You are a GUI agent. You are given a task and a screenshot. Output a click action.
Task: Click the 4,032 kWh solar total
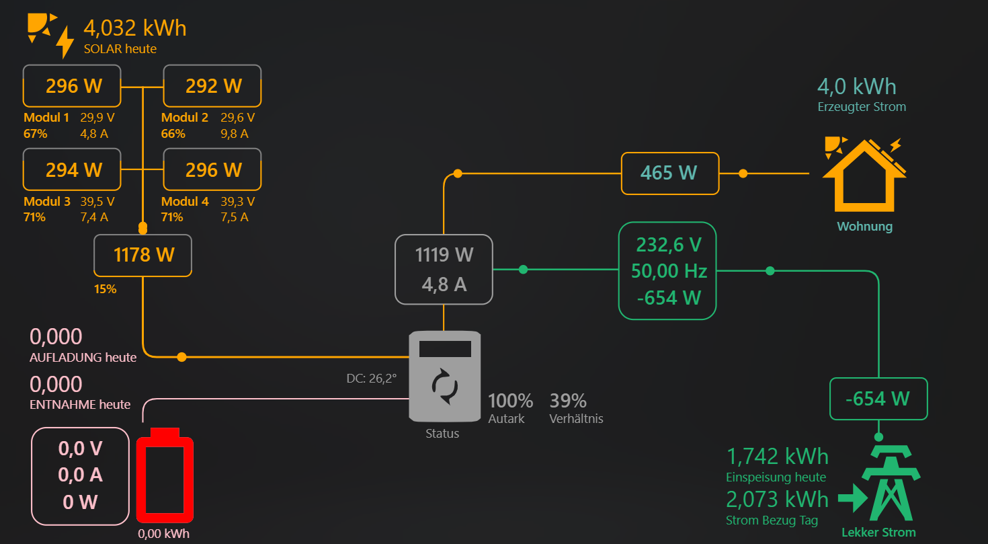135,28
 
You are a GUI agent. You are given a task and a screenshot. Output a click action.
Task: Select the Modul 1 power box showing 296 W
72,86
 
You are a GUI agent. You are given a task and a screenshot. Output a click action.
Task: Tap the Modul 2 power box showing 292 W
212,86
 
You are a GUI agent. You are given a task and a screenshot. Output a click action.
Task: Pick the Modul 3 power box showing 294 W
72,170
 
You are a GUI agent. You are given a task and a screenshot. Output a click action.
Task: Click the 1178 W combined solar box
143,256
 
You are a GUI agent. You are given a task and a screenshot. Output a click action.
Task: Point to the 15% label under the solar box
105,289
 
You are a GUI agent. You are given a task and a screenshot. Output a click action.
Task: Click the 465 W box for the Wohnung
670,173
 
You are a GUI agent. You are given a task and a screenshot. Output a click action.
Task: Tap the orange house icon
864,175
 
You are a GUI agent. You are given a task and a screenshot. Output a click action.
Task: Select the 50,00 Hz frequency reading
669,271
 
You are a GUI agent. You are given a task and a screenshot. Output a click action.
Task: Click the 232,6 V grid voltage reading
669,245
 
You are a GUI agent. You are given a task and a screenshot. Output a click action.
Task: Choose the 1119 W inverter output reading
444,255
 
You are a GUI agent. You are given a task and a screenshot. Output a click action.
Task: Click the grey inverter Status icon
445,377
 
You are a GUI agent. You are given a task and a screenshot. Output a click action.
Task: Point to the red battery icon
165,475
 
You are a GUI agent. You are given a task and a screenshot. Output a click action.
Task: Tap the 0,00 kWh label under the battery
163,534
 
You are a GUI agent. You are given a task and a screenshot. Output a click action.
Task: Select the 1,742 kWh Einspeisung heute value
777,456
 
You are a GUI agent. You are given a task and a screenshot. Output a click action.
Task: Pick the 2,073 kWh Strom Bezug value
777,500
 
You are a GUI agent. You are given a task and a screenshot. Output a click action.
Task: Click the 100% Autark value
510,401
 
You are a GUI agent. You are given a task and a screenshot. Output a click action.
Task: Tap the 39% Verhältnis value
568,401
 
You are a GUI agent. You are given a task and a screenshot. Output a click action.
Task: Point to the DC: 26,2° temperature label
372,379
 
